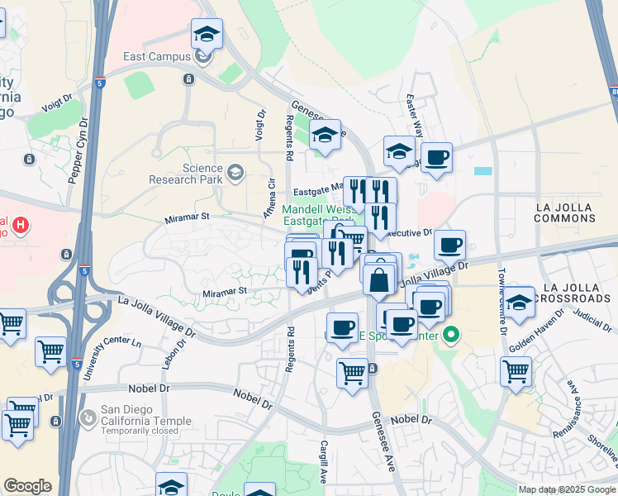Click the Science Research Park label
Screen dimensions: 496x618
click(186, 174)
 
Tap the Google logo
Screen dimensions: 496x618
click(27, 486)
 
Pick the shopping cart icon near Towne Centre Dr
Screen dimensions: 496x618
click(516, 370)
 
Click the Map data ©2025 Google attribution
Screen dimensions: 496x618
click(567, 489)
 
